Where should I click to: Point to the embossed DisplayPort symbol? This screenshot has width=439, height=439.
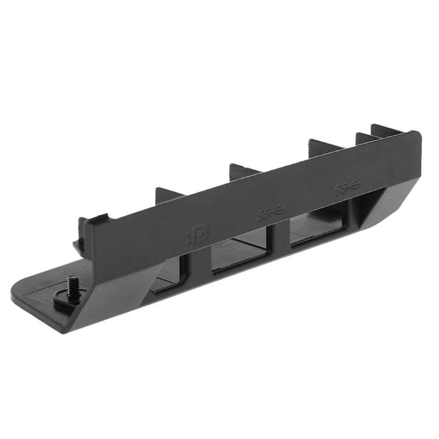[x=196, y=235]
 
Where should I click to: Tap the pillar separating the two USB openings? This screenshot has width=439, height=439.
[x=280, y=241]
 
